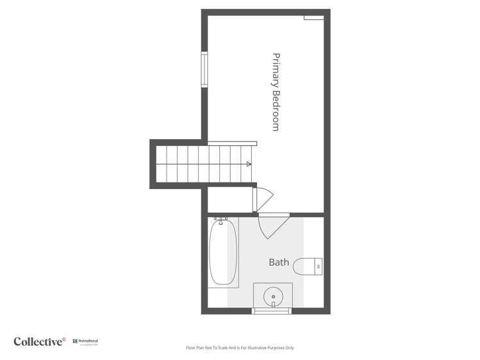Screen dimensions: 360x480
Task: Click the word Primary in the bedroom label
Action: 276,69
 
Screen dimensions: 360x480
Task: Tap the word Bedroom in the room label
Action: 276,109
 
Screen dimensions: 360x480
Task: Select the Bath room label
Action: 279,262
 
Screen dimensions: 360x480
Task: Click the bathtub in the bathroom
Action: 223,253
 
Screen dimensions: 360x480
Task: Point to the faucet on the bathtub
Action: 221,222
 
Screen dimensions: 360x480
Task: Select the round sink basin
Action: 274,297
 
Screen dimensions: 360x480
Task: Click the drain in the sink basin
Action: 274,297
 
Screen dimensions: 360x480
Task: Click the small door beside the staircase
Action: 263,198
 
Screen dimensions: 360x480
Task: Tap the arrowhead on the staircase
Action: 249,164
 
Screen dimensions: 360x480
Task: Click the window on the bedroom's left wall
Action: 204,70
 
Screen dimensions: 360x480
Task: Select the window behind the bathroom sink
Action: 272,311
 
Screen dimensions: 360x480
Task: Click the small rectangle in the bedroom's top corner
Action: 313,17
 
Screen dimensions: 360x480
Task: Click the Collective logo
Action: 39,341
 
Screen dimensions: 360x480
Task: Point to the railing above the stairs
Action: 232,143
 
